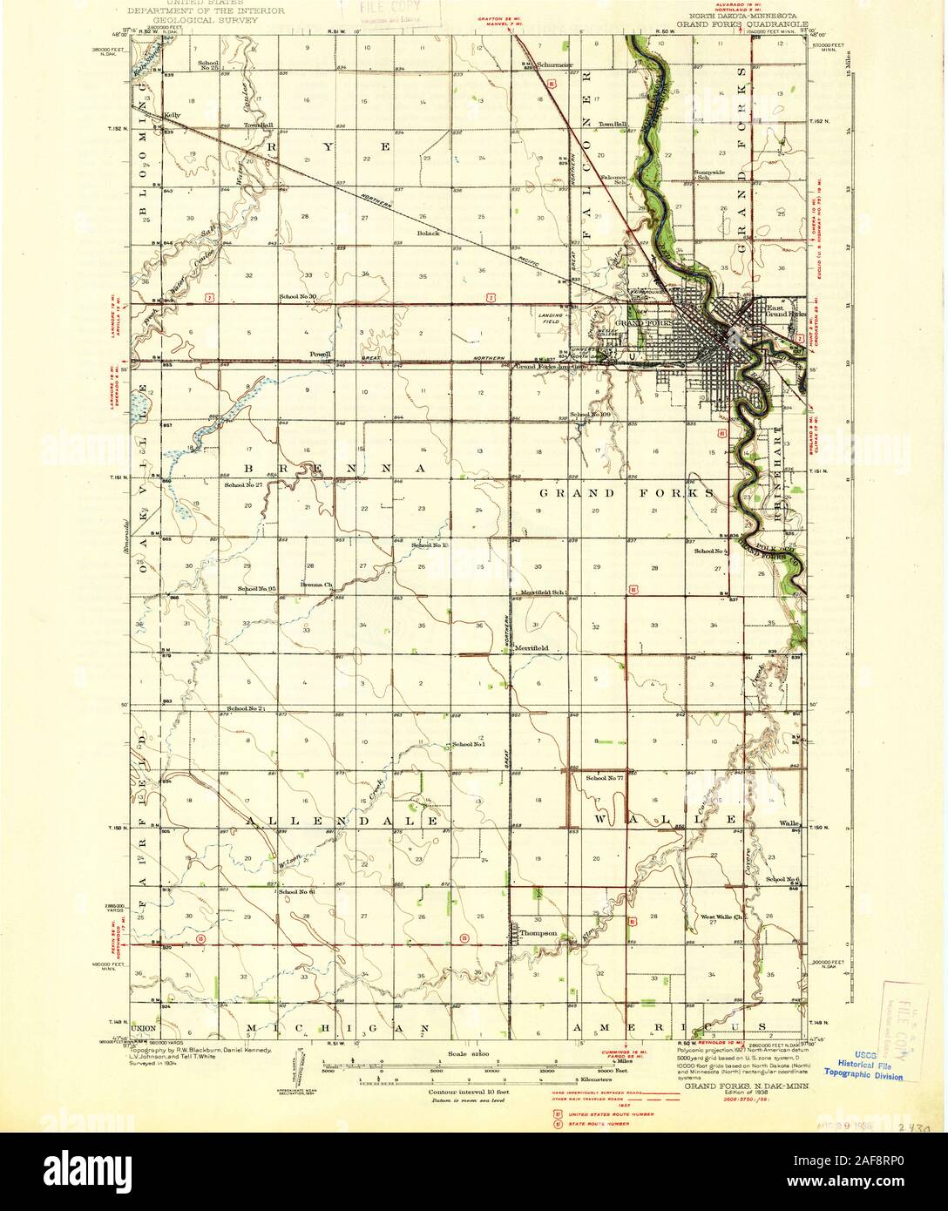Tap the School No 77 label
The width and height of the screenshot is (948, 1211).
605,776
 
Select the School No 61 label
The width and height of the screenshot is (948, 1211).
296,891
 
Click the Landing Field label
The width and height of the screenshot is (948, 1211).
550,319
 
